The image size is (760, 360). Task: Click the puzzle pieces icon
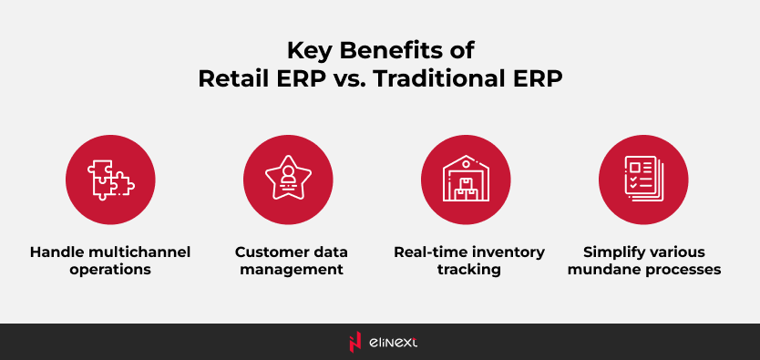pos(111,180)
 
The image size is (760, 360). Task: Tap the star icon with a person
pos(288,178)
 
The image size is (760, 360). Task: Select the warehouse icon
pos(466,178)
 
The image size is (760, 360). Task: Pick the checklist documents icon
pos(643,179)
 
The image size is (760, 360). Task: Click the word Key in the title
pos(307,51)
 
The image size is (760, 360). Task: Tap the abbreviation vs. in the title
pos(349,81)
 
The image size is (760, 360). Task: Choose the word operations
pos(110,270)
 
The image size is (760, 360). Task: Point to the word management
pos(292,270)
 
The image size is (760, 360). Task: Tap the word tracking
pos(468,270)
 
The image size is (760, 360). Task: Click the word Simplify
pos(613,252)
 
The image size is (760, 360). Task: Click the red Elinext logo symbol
pos(355,342)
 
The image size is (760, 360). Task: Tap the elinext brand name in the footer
pos(393,343)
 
